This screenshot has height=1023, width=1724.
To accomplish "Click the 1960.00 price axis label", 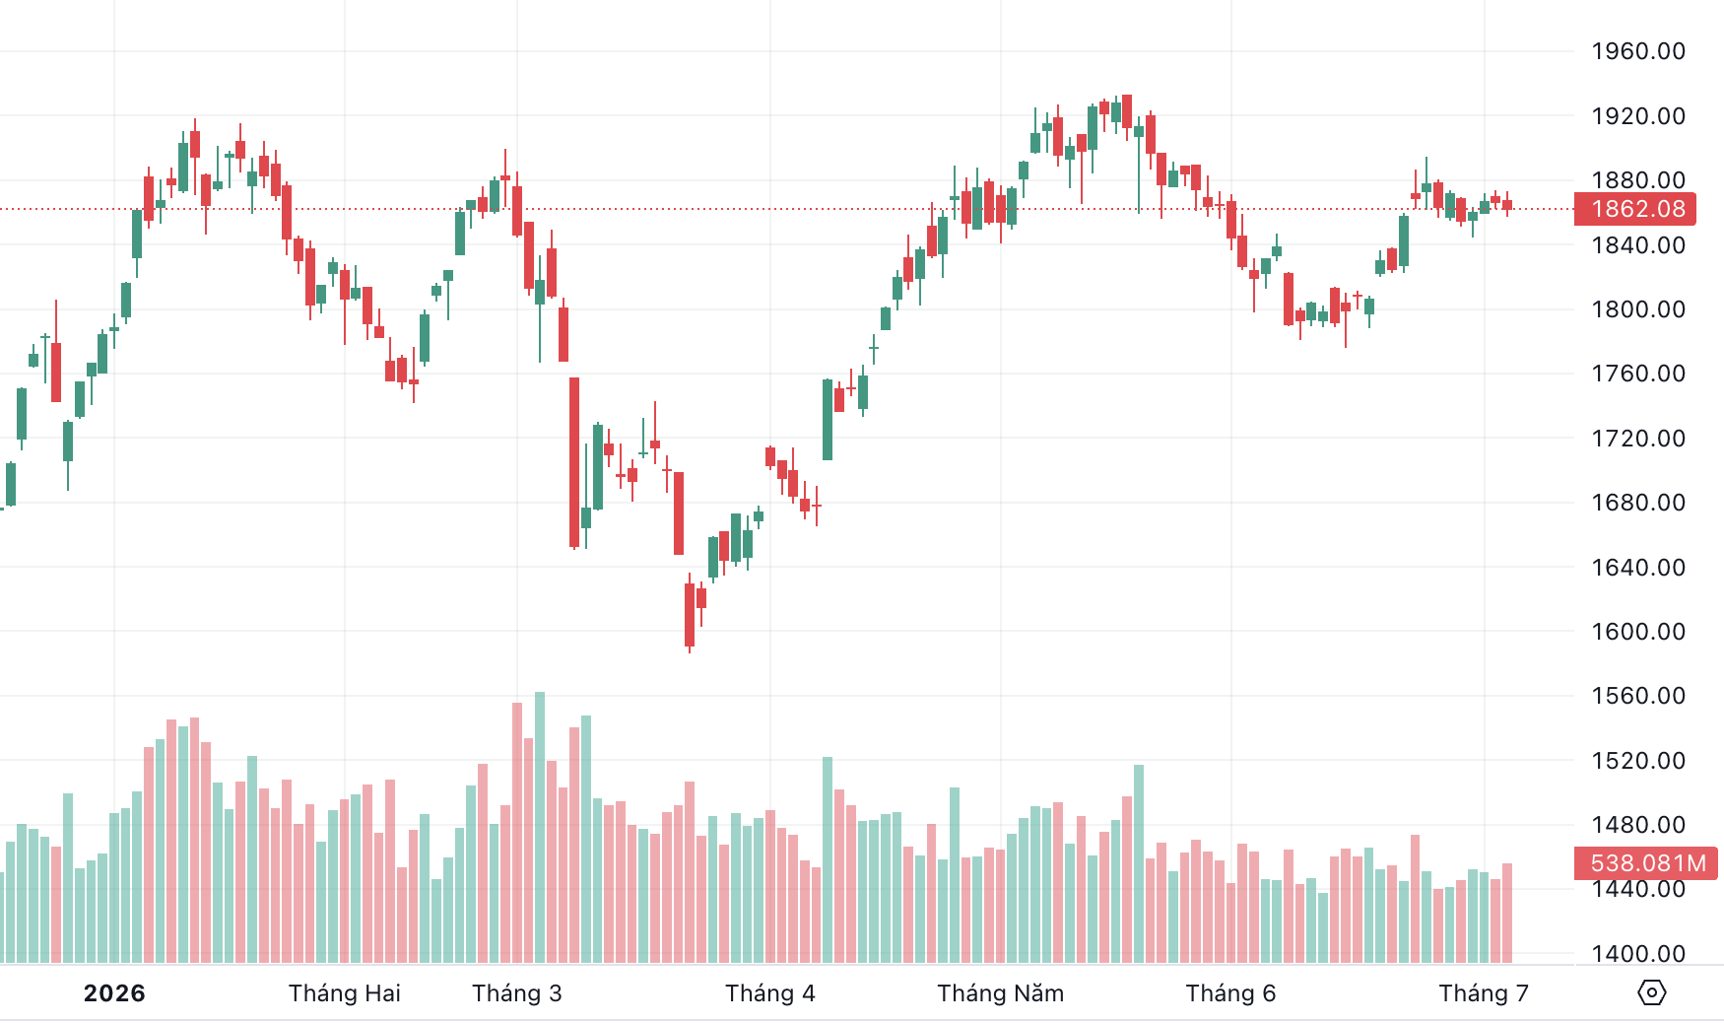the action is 1638,51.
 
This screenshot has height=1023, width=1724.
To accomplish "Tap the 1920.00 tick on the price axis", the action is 1638,116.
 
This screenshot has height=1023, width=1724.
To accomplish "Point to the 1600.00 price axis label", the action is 1638,632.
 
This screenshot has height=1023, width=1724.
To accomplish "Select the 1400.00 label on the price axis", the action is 1638,953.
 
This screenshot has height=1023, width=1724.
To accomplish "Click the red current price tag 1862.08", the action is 1638,209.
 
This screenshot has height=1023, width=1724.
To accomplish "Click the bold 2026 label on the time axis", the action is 114,993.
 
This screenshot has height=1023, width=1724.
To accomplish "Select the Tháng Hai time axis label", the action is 345,993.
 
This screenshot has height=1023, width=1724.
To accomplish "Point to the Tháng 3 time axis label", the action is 517,993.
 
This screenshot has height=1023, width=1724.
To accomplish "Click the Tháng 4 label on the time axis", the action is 770,993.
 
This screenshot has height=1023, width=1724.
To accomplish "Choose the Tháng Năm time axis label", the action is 1001,993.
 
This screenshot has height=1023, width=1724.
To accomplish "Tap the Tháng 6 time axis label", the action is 1230,993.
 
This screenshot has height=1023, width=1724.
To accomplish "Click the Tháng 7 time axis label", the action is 1484,993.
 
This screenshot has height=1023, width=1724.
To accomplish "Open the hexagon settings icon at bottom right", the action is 1652,992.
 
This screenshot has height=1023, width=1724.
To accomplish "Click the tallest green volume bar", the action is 540,827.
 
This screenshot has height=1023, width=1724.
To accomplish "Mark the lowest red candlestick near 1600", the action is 690,616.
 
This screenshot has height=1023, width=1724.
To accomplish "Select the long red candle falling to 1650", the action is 574,462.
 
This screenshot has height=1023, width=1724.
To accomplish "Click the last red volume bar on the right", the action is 1507,913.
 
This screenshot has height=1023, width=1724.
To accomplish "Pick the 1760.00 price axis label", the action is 1638,374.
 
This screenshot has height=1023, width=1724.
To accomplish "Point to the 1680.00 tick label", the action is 1638,503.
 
